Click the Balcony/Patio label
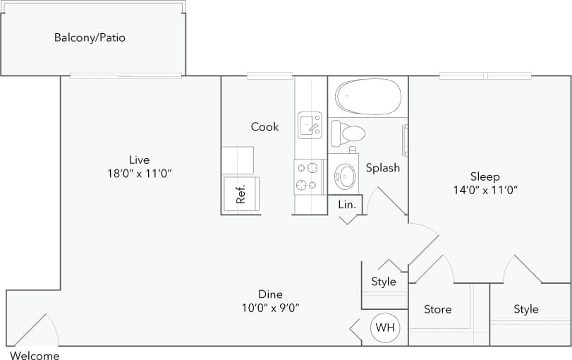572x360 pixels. point(90,37)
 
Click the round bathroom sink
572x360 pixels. point(345,176)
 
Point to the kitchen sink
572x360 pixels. point(309,125)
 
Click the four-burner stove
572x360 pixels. point(308,176)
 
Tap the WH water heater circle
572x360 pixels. point(384,328)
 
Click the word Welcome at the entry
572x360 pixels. point(35,356)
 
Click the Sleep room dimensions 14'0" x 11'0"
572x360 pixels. point(485,190)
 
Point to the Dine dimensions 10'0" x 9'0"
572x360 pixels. point(270,308)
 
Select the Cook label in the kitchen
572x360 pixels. point(264,127)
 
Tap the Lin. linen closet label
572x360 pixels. point(346,204)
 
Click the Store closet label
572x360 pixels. point(437,309)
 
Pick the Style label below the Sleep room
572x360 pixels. point(525,309)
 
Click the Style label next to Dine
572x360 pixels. point(384,282)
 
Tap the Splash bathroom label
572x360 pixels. point(383,167)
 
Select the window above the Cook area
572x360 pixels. point(269,76)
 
